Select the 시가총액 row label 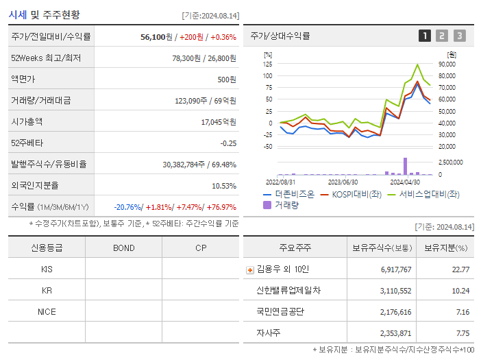(27, 121)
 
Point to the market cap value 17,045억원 (218, 121)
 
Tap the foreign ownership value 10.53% (223, 185)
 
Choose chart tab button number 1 (425, 36)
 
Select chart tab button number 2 (442, 36)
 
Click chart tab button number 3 (459, 36)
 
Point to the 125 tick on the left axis (268, 64)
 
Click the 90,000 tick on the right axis (447, 64)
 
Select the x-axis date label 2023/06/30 (343, 182)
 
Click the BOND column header (123, 248)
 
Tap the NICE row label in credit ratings (47, 311)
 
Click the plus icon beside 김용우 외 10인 (250, 269)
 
